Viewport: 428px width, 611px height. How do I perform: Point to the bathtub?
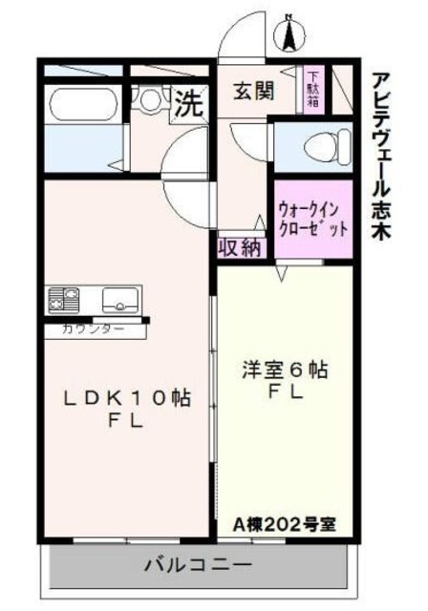coord(80,103)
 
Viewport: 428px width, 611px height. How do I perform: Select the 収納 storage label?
coord(240,248)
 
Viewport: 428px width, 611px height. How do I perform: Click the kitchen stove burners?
coord(62,299)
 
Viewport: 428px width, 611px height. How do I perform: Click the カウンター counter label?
coord(93,329)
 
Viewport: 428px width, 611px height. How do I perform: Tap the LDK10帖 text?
coord(123,400)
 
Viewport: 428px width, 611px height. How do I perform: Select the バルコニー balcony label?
coord(198,564)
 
